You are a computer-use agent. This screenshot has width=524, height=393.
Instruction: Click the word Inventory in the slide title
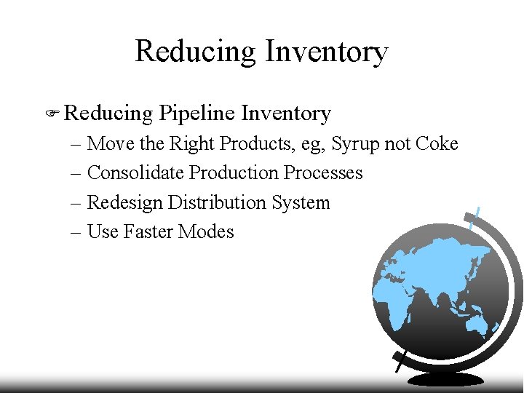tap(326, 52)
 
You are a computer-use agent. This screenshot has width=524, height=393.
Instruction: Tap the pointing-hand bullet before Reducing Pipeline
tap(51, 114)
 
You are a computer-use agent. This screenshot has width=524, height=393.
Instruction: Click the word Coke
tap(437, 143)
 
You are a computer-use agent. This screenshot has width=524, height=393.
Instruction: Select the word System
tap(301, 202)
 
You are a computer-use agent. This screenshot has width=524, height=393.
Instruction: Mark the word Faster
tap(148, 231)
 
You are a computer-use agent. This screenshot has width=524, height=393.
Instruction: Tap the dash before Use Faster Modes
tap(77, 232)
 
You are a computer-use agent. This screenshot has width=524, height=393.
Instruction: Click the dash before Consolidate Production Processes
tap(77, 173)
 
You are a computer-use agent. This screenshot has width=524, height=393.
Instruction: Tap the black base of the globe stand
tap(445, 379)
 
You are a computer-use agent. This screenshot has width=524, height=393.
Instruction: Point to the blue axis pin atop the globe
tap(475, 216)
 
